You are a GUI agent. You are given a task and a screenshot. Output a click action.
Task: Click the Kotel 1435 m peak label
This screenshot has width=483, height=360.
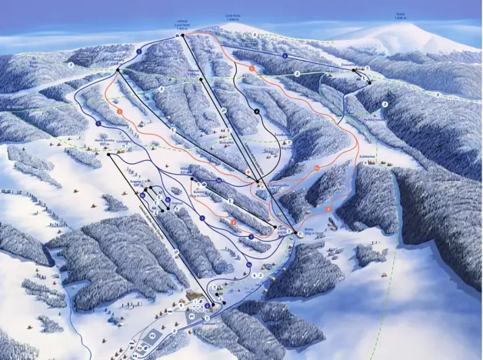401,15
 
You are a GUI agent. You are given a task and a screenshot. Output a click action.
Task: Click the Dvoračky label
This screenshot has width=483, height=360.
362,67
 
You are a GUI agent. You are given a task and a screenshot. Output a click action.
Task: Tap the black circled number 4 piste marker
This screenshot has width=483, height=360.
257,112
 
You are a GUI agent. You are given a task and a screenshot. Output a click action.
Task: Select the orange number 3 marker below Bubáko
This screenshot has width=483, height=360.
328,208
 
